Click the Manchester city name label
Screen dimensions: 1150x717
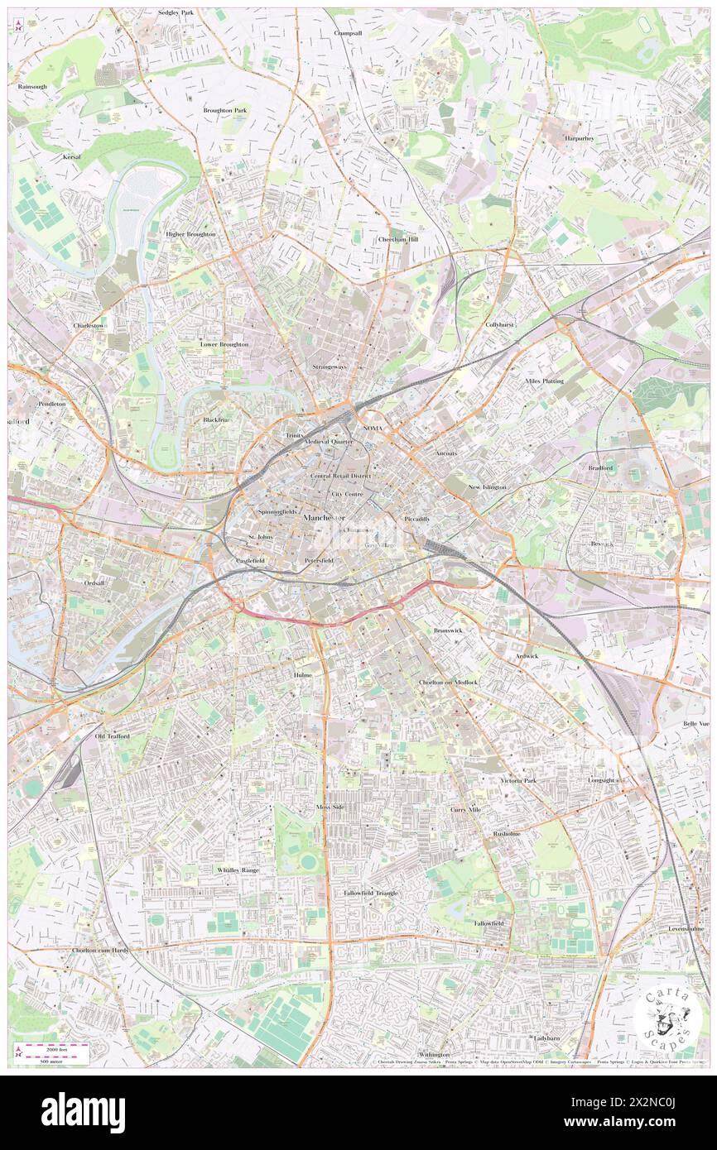tap(325, 517)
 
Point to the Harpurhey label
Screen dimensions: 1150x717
tap(579, 138)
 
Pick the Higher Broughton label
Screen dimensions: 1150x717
tap(190, 234)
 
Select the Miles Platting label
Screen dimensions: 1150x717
tap(544, 381)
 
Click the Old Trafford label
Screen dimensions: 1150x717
tap(113, 736)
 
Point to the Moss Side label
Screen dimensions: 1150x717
tap(330, 807)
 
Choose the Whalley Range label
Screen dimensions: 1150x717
tap(238, 870)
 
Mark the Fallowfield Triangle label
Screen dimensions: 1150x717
tap(371, 893)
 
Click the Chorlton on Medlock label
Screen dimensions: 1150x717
tap(448, 682)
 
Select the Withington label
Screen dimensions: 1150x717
tap(434, 1055)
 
